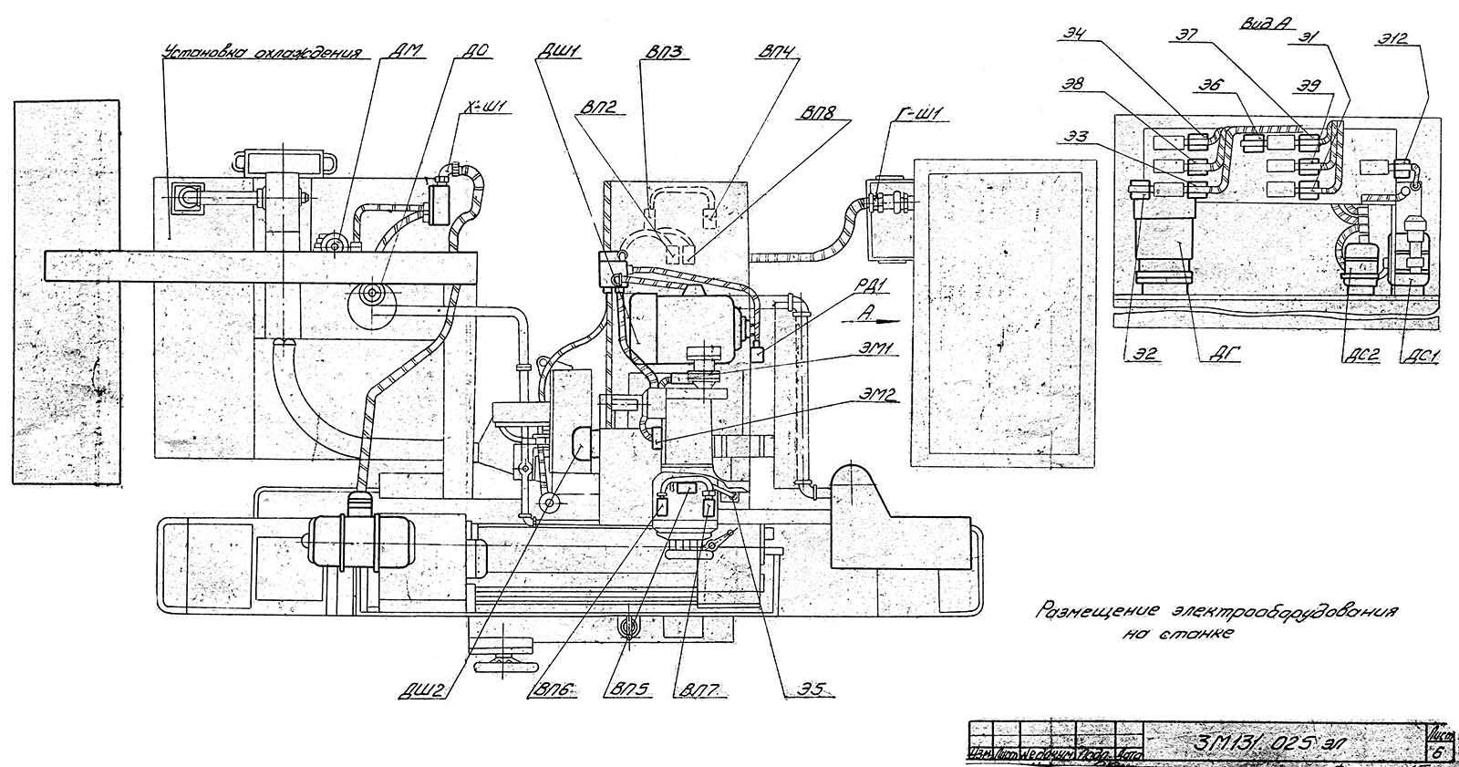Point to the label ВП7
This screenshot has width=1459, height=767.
698,690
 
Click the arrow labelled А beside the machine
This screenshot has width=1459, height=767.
872,318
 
